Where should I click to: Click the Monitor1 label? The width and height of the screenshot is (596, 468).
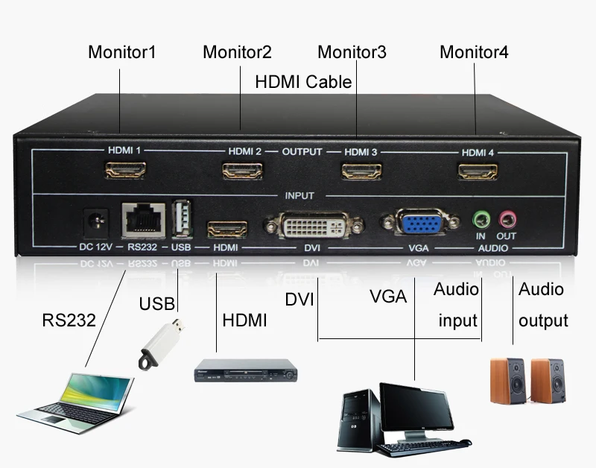point(122,53)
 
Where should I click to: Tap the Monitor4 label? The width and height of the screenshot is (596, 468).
point(474,53)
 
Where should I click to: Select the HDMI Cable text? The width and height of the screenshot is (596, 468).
point(303,81)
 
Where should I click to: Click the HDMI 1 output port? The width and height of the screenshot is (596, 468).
point(124,171)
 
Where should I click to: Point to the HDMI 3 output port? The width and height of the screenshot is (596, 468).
point(360,171)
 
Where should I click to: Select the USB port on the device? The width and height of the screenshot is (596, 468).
point(181,219)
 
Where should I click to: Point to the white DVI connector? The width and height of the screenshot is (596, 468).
point(313,224)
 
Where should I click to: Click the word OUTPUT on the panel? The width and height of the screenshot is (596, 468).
point(302,151)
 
